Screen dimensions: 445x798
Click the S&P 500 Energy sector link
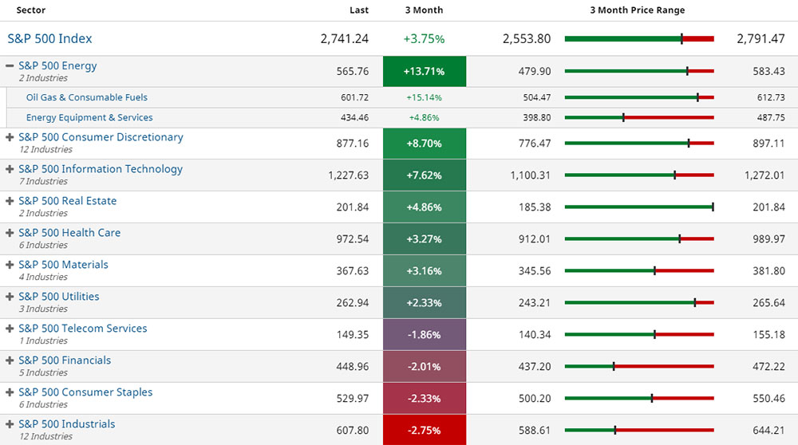57,66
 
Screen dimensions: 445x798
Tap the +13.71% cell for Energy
424,72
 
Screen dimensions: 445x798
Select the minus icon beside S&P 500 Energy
10,66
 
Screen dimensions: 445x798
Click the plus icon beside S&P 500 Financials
10,360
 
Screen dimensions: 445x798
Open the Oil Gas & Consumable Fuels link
86,97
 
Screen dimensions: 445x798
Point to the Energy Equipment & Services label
89,117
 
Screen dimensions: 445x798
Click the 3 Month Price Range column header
637,10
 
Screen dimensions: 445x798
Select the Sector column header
31,10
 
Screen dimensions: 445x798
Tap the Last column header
359,10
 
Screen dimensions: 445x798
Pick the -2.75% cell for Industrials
424,431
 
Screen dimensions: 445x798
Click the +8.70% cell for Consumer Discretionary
424,144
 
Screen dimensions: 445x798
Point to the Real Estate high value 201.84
768,207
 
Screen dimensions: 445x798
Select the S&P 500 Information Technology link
101,169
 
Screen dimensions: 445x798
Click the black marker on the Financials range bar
614,367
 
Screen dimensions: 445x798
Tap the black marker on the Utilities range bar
694,303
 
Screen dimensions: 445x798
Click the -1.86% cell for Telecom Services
424,335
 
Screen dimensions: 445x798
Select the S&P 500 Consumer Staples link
85,392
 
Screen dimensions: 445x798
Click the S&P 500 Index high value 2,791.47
760,38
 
